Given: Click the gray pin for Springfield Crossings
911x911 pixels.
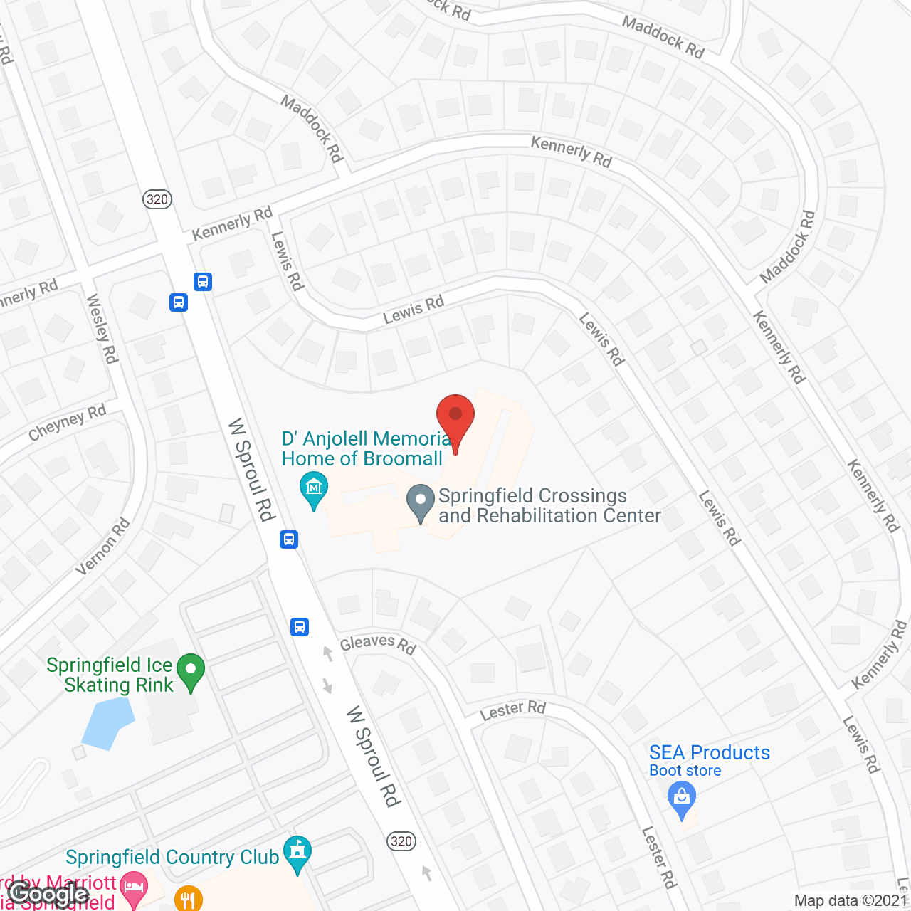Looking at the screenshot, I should (x=421, y=502).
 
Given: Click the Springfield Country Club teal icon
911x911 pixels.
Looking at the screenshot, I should (x=297, y=853).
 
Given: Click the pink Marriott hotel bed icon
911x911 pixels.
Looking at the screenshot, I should (x=134, y=888).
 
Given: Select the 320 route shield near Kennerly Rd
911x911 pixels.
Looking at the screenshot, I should (x=157, y=199).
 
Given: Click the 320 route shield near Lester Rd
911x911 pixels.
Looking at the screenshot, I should (x=401, y=841).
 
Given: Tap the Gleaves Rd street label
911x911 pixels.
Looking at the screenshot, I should (x=377, y=644).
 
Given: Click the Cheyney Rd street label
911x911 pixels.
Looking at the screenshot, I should (x=68, y=423).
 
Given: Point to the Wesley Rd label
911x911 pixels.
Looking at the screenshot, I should (x=102, y=329).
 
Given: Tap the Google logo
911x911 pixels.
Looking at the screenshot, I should (x=48, y=893).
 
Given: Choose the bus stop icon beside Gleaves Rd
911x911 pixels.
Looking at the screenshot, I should (x=300, y=627).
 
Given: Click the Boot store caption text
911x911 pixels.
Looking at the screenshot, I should (x=685, y=771).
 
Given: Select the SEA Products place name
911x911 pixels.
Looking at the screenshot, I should (x=709, y=752).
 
